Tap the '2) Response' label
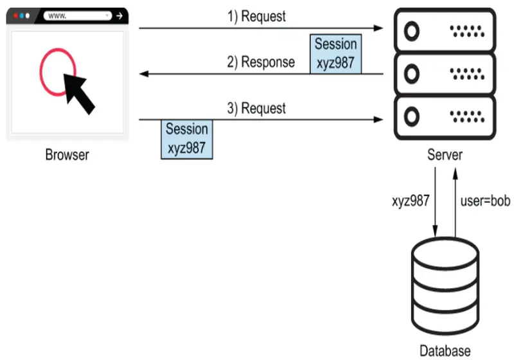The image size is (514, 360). (260, 62)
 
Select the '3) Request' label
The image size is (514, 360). (256, 108)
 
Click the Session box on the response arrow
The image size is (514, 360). (335, 54)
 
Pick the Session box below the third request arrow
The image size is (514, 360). (187, 138)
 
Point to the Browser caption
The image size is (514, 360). (67, 155)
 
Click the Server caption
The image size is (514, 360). (445, 155)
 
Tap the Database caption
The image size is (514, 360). (445, 351)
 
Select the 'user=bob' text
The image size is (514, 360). (485, 201)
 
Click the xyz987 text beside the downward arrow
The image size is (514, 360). (411, 201)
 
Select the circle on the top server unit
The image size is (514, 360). (411, 30)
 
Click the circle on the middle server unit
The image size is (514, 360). (411, 73)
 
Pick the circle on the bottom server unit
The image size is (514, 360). (411, 116)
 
